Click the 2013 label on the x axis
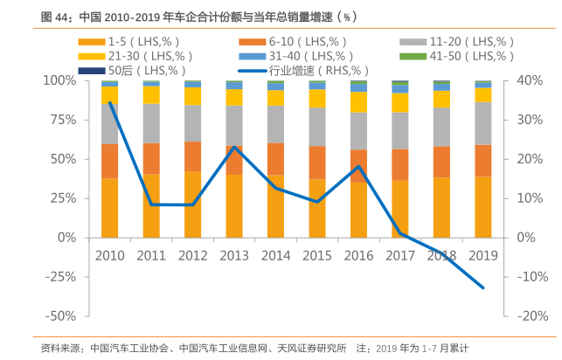coord(234,256)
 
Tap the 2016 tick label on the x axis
coord(358,256)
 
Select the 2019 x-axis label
coord(482,256)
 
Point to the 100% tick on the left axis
coord(60,80)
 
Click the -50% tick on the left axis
coord(60,315)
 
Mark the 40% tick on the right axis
coord(531,80)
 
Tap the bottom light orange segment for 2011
coord(151,205)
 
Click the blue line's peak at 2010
coord(110,103)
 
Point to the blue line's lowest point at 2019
coord(482,287)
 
